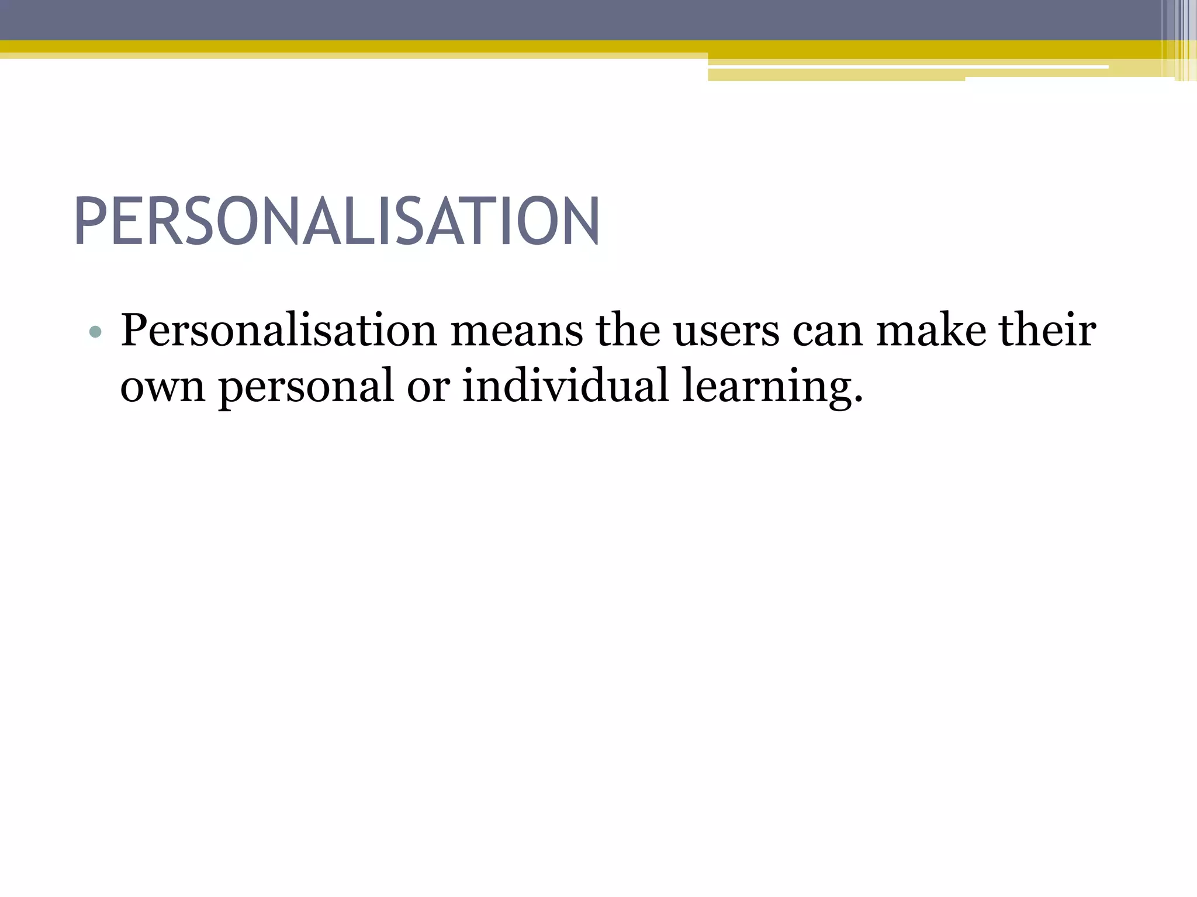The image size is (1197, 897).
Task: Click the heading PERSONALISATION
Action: [x=337, y=222]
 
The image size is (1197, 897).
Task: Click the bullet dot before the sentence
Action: [x=95, y=333]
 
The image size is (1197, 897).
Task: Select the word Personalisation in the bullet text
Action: [x=279, y=331]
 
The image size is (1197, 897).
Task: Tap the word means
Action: [x=517, y=331]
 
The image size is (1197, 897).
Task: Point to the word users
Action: [x=726, y=331]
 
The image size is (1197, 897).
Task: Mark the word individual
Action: [x=565, y=386]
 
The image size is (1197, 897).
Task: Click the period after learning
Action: [x=858, y=401]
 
